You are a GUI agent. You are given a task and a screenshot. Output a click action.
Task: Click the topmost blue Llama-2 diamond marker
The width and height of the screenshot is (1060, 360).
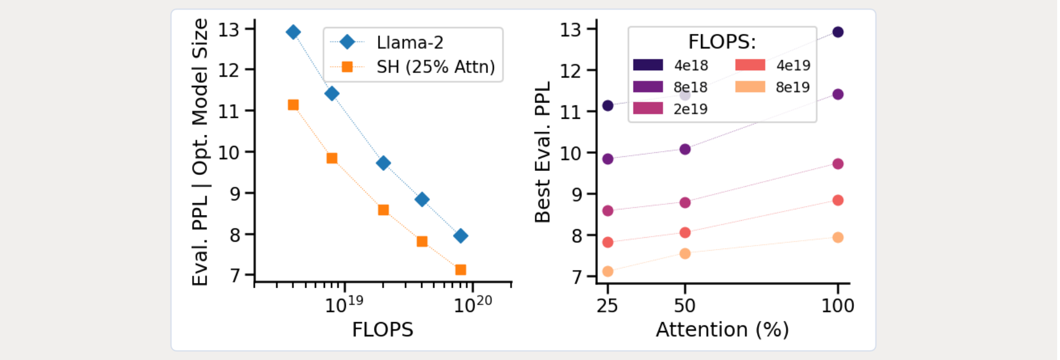pyautogui.click(x=293, y=32)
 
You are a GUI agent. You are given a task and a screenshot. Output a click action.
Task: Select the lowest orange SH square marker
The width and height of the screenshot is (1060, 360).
pyautogui.click(x=460, y=270)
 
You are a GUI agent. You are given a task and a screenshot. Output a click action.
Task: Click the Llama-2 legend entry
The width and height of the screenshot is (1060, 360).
pyautogui.click(x=409, y=42)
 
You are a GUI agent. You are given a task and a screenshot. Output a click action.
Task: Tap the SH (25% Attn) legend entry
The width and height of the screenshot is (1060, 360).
pyautogui.click(x=435, y=67)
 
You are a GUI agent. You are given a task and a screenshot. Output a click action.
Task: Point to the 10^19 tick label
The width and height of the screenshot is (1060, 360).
pyautogui.click(x=344, y=304)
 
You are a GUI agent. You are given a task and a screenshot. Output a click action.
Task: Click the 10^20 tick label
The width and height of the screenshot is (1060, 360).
pyautogui.click(x=473, y=304)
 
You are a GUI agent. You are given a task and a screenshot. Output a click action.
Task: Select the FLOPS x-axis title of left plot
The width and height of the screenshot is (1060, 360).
pyautogui.click(x=382, y=329)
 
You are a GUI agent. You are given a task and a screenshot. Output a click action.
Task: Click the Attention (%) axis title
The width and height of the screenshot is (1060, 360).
pyautogui.click(x=722, y=329)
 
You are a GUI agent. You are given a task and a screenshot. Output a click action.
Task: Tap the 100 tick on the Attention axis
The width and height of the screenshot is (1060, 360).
pyautogui.click(x=837, y=306)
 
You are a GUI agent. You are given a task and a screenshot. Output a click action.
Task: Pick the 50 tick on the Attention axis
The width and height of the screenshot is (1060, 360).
pyautogui.click(x=685, y=306)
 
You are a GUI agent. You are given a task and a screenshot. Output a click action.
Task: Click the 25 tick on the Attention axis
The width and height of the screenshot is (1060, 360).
pyautogui.click(x=607, y=306)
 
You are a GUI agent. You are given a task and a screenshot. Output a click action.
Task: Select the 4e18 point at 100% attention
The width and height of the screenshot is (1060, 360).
pyautogui.click(x=838, y=32)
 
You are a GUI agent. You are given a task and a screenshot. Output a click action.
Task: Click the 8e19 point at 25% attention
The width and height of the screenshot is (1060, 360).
pyautogui.click(x=608, y=271)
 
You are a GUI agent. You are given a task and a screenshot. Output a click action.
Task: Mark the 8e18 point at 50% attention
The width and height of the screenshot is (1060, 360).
pyautogui.click(x=685, y=149)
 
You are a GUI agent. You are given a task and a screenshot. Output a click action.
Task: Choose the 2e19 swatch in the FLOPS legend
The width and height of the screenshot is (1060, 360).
pyautogui.click(x=648, y=109)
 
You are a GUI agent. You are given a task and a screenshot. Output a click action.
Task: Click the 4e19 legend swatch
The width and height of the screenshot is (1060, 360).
pyautogui.click(x=750, y=65)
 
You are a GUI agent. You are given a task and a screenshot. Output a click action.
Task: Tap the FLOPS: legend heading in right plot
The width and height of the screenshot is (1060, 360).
pyautogui.click(x=722, y=42)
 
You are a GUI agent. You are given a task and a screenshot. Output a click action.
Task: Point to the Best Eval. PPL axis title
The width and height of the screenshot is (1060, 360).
pyautogui.click(x=542, y=152)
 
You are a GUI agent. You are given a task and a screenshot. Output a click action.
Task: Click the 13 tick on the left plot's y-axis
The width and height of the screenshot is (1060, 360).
pyautogui.click(x=229, y=29)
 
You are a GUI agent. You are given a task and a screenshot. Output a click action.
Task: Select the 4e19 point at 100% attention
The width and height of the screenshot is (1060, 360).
pyautogui.click(x=838, y=200)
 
